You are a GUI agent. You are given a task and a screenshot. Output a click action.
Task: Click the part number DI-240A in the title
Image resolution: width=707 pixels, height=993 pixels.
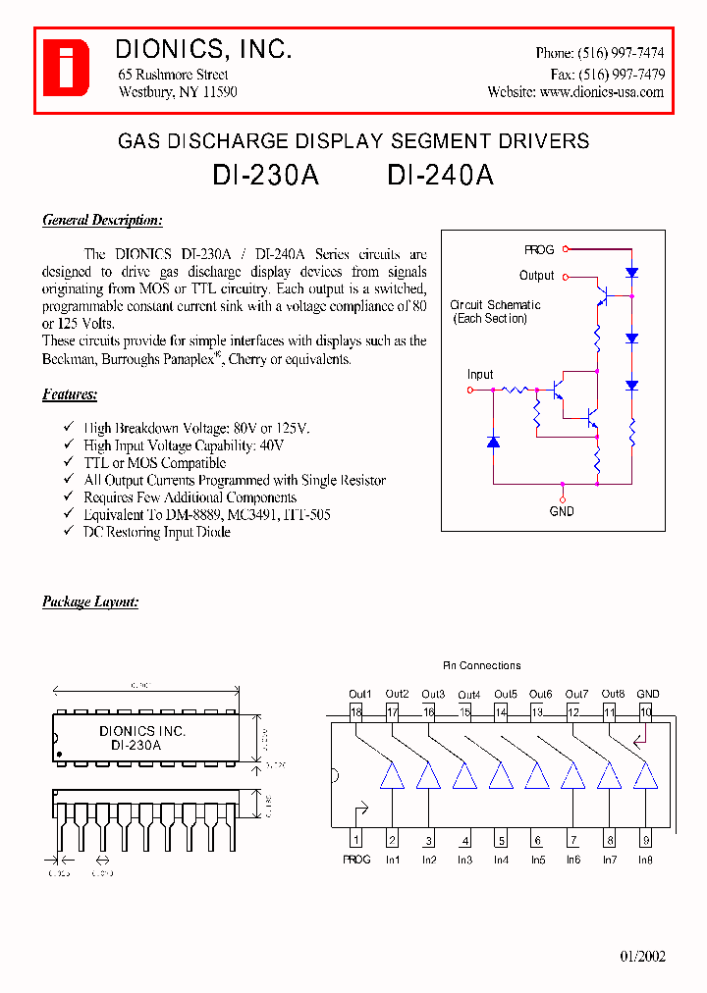[440, 175]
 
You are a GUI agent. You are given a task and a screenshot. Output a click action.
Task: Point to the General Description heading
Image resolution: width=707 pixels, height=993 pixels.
[102, 221]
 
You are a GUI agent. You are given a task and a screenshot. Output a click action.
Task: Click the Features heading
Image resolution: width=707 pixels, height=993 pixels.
[70, 394]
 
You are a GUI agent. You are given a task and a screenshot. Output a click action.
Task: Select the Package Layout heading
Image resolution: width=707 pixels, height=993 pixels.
[90, 601]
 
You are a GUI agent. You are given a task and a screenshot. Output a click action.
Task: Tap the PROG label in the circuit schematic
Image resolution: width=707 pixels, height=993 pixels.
[539, 250]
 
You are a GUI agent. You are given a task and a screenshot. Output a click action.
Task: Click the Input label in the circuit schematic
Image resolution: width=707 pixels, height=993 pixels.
[480, 375]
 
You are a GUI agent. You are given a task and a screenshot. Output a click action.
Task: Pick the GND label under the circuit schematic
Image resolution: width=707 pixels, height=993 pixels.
[562, 511]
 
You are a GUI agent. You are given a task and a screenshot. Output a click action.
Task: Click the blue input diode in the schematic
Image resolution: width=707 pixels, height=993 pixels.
[493, 443]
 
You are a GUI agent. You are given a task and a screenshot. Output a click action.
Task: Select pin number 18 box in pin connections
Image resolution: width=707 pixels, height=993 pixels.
[355, 712]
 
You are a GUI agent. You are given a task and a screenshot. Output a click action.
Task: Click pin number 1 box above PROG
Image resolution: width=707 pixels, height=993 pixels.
[355, 840]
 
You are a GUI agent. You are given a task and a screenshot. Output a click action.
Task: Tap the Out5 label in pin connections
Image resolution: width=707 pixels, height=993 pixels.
[506, 695]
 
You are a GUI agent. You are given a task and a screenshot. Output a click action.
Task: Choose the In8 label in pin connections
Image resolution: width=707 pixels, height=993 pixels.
[644, 861]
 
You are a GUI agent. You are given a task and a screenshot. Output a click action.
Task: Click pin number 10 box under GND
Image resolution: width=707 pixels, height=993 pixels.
[645, 712]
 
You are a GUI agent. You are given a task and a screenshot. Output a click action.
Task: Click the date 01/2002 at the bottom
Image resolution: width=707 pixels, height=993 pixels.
[642, 957]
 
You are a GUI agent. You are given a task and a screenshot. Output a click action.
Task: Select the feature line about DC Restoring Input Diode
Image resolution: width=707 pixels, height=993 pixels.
[156, 532]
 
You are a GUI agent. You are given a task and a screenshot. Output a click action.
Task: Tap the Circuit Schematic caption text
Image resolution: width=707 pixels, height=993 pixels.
[495, 306]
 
